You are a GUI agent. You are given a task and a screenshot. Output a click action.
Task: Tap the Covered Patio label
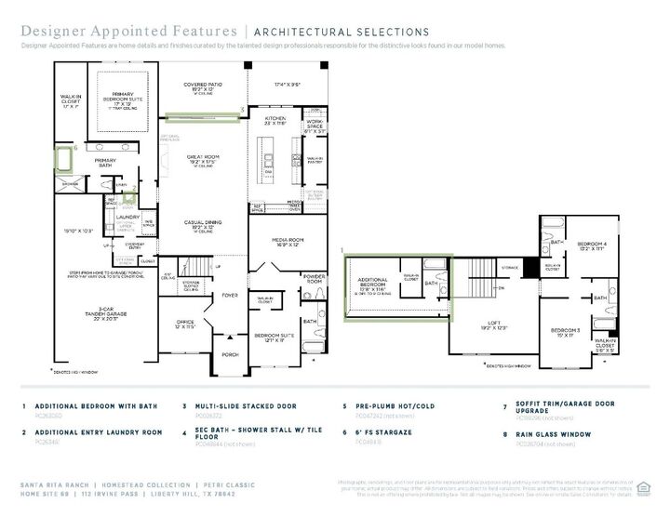pos(202,86)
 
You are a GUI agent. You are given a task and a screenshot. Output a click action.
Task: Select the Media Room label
pos(289,241)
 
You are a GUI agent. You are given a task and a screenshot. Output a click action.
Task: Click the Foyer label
pos(229,297)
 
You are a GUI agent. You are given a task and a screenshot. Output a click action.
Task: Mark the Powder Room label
pos(313,278)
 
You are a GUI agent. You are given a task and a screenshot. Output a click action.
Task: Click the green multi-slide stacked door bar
pos(202,116)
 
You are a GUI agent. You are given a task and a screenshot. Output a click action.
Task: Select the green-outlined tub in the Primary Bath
pos(63,161)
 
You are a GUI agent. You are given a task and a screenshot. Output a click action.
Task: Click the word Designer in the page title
pos(52,33)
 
